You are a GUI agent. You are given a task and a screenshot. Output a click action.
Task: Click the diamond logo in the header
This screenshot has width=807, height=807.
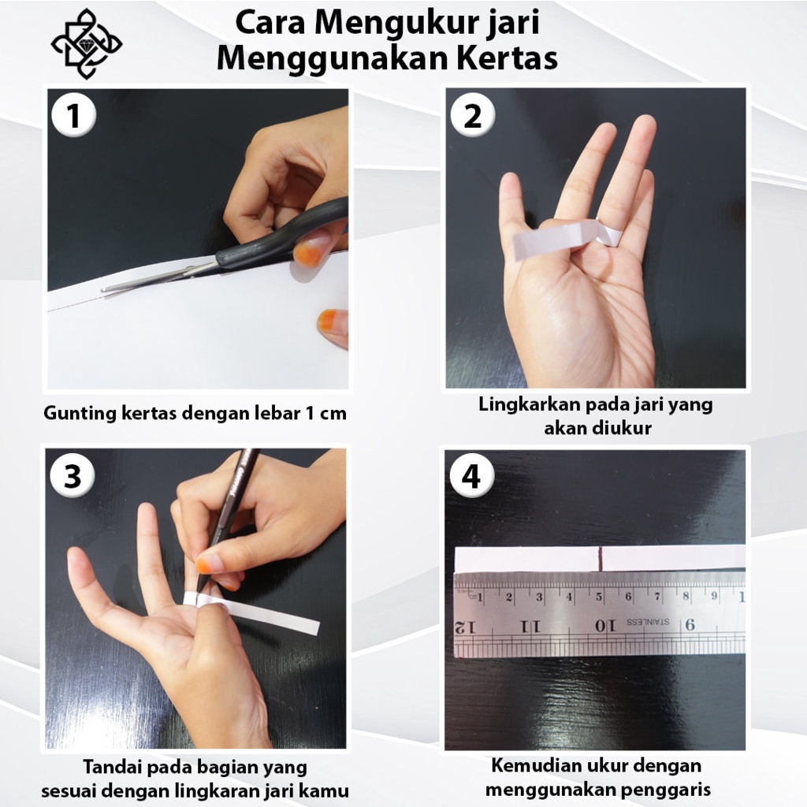click(x=87, y=44)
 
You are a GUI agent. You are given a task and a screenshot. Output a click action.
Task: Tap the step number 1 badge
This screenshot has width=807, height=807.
click(x=73, y=115)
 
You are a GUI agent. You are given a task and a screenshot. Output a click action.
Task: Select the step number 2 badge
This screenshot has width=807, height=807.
click(x=473, y=115)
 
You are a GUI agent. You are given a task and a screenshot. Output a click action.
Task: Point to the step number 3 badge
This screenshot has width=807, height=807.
click(x=73, y=474)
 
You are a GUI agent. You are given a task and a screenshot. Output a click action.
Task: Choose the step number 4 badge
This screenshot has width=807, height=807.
click(x=471, y=475)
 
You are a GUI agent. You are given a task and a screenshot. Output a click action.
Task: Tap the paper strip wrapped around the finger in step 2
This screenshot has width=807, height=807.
click(x=566, y=238)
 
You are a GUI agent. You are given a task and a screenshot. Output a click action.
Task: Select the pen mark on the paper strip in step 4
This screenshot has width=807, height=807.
click(x=601, y=559)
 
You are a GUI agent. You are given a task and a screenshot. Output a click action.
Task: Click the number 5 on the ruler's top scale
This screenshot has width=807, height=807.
click(x=599, y=597)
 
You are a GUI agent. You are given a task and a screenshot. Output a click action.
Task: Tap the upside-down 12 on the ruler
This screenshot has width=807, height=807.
click(x=465, y=627)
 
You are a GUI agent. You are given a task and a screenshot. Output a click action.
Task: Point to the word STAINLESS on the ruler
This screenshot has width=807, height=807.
click(x=648, y=622)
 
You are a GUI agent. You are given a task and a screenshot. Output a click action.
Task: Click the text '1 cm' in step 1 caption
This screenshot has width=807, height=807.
click(x=325, y=413)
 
